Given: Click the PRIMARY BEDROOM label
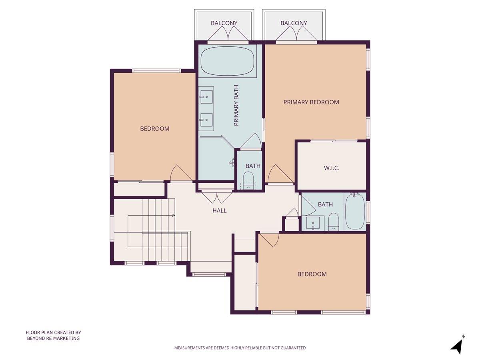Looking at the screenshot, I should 311,102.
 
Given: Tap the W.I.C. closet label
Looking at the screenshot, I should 331,168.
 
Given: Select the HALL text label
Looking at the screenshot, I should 219,210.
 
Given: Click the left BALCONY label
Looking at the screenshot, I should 224,23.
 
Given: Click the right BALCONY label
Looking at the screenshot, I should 294,23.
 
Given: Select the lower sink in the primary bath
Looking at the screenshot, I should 207,118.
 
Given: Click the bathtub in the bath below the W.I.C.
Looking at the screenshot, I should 354,212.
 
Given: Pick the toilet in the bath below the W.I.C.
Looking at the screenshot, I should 334,221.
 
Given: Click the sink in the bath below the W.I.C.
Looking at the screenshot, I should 312,223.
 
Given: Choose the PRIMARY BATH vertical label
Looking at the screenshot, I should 236,106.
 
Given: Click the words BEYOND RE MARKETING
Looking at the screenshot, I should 53,338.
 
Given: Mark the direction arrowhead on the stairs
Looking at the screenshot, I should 173,216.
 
